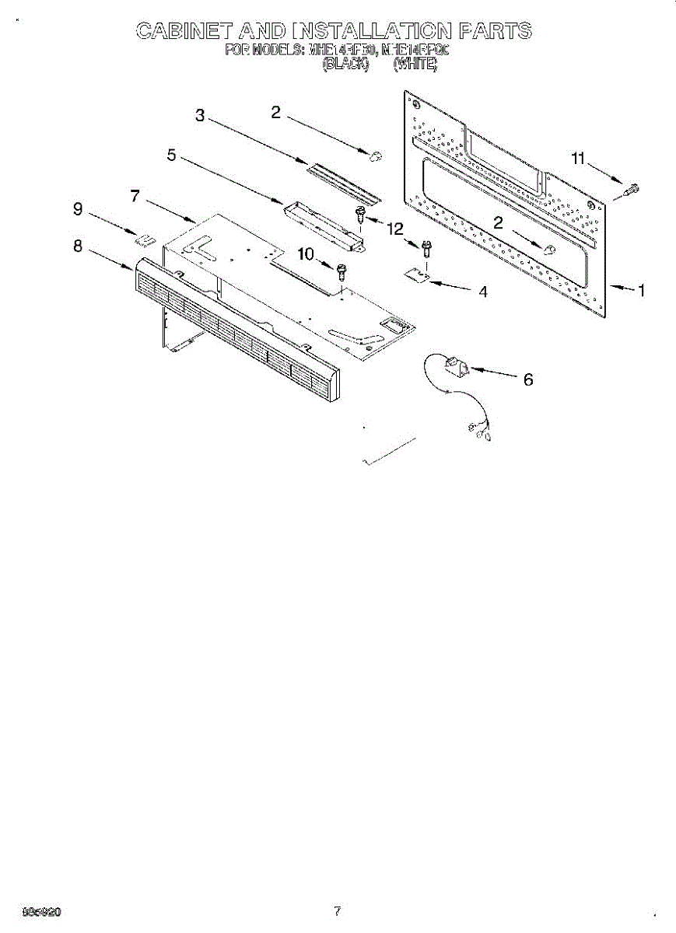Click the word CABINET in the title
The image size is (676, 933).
coord(184,31)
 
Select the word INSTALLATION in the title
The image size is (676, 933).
coord(372,31)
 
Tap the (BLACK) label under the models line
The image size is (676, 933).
coord(345,65)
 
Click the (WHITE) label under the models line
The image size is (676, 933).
coord(415,65)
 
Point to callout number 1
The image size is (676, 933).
coord(641,292)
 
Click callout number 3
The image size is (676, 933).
coord(200,117)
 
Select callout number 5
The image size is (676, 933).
coord(171,155)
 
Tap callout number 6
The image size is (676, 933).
coord(528,379)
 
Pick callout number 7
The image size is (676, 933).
coord(135,196)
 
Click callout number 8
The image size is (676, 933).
coord(78,246)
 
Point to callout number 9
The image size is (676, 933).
coord(78,208)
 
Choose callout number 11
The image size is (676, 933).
coord(577,159)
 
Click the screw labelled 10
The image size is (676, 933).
coord(341,271)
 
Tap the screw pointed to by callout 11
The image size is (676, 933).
coord(631,187)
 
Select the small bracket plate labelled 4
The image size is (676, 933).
coord(418,274)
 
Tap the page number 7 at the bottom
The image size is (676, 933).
coord(337,911)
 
